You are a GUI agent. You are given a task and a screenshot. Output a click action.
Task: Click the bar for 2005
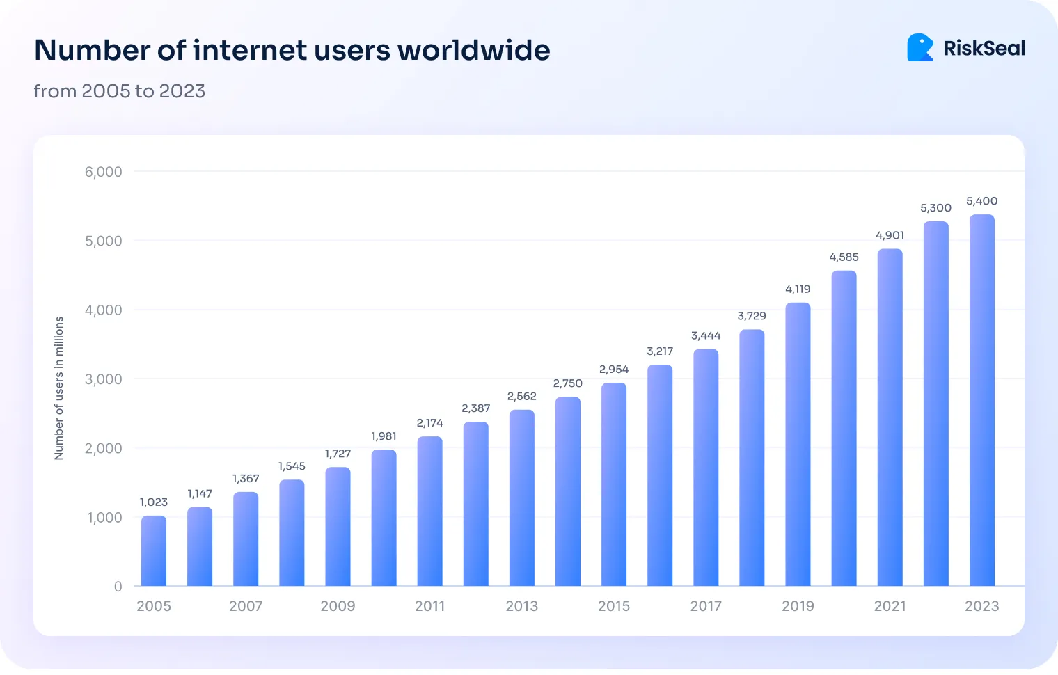(154, 551)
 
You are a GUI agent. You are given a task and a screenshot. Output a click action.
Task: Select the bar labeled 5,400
(981, 401)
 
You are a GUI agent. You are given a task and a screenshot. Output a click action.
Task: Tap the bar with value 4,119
(798, 445)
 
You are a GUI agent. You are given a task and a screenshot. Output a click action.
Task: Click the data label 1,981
(384, 436)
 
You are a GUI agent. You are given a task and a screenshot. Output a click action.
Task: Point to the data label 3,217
(660, 351)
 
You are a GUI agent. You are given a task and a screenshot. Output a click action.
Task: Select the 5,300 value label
(935, 208)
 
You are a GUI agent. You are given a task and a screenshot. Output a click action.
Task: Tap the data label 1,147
(200, 493)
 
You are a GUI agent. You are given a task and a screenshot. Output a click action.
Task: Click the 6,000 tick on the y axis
(103, 172)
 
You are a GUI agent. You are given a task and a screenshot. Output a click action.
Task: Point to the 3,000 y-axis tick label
(103, 379)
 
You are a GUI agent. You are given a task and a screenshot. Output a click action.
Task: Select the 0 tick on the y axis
(118, 587)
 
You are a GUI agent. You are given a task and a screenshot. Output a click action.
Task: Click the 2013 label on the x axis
(521, 606)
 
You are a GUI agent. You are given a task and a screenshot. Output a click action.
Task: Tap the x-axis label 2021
(890, 606)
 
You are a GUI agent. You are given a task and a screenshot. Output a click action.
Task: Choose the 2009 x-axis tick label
(338, 606)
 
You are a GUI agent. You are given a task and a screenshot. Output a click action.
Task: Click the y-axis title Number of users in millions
(59, 388)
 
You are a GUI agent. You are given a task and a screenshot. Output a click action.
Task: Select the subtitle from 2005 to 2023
(119, 91)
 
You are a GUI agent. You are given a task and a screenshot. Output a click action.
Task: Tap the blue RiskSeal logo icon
(920, 48)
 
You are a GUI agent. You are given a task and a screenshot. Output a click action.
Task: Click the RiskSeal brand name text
(984, 48)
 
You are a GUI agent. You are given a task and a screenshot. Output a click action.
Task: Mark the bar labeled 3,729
(752, 458)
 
